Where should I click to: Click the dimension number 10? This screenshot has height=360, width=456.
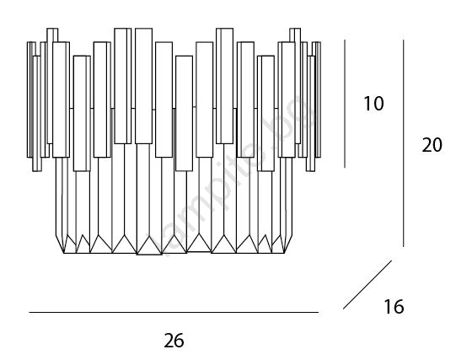coord(373,104)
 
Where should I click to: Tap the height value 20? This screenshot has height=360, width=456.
coord(432,145)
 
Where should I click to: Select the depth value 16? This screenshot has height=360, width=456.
coord(394,307)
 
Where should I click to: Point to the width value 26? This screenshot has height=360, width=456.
coord(174,341)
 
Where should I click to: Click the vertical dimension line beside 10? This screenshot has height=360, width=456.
coord(345,104)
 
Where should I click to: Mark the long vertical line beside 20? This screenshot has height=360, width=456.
coord(404,143)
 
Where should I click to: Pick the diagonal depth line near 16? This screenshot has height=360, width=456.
coord(367,284)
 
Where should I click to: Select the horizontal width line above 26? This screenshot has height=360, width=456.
coord(174,312)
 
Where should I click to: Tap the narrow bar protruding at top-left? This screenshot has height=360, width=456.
coord(52,35)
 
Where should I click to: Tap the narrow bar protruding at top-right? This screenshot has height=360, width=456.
coord(295,35)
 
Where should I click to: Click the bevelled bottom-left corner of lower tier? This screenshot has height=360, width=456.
coord(60,244)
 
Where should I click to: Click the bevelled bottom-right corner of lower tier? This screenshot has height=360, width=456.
coord(288,244)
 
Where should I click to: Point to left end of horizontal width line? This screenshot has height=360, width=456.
coord(30,312)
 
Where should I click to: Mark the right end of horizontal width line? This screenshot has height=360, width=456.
coord(319,312)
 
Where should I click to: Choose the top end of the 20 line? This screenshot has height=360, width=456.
coord(404,40)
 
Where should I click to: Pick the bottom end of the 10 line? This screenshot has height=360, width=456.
coord(345,168)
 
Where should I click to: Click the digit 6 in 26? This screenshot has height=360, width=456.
coord(180,341)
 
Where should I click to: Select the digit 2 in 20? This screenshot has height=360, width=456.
coord(426,145)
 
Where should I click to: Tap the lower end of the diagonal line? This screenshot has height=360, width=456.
coord(343,309)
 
